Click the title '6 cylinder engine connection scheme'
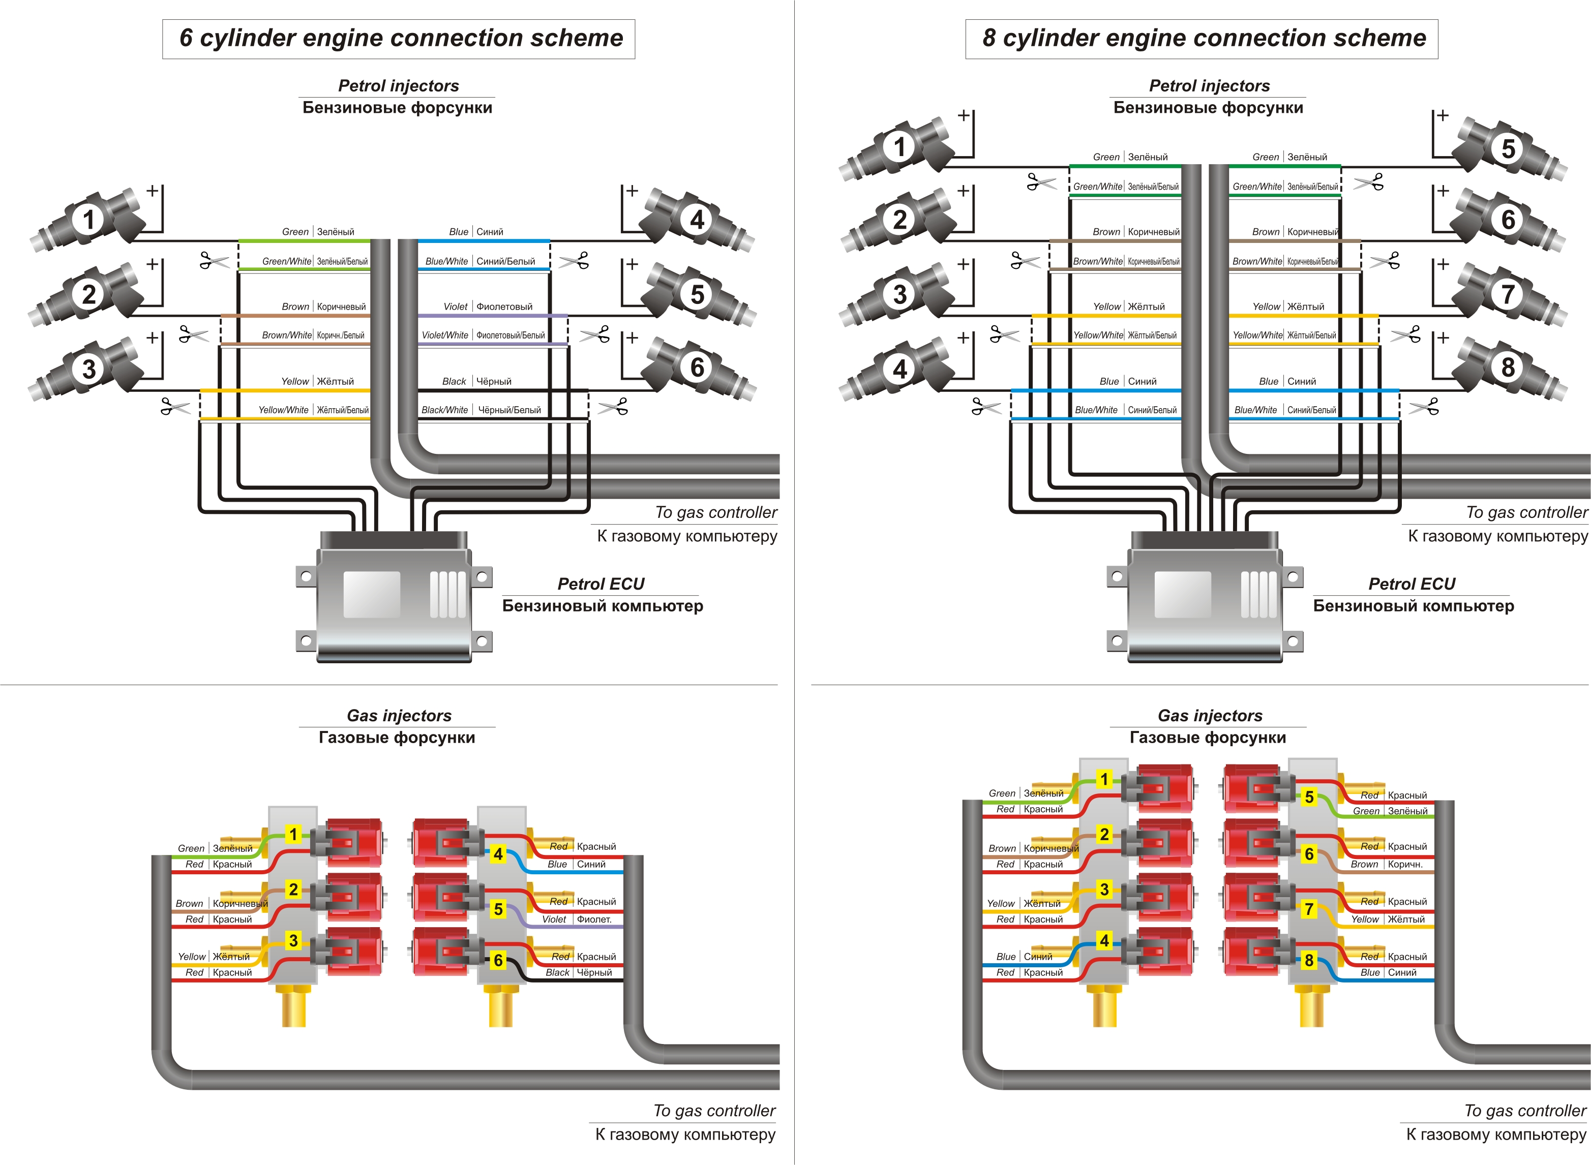pyautogui.click(x=401, y=38)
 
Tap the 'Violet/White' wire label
pyautogui.click(x=444, y=335)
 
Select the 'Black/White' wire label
pyautogui.click(x=444, y=410)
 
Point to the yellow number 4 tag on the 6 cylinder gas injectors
pyautogui.click(x=498, y=854)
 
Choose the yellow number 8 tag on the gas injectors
pyautogui.click(x=1309, y=960)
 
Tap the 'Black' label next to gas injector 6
pyautogui.click(x=557, y=972)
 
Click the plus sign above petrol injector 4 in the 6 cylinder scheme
pyautogui.click(x=632, y=191)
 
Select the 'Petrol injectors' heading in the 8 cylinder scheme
pyautogui.click(x=1209, y=86)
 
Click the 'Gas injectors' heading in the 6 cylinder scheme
pyautogui.click(x=399, y=716)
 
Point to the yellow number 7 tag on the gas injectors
pyautogui.click(x=1309, y=909)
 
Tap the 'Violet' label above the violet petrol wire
pyautogui.click(x=455, y=307)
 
